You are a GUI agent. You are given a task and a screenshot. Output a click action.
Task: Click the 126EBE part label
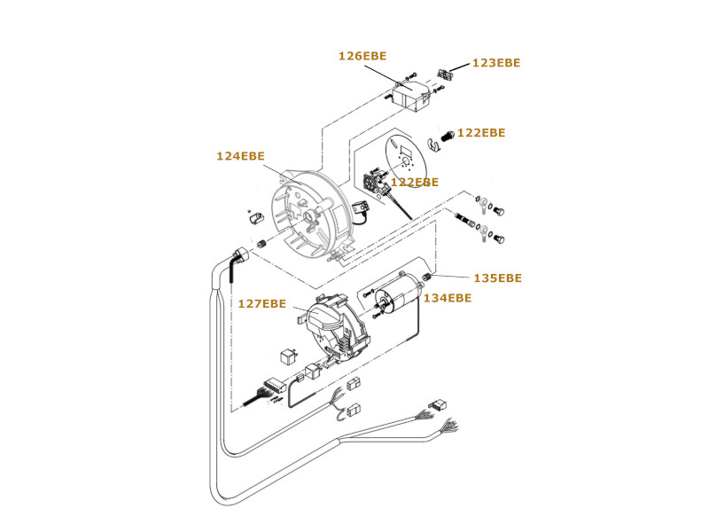(362, 56)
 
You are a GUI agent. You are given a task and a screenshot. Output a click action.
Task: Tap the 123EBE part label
(496, 62)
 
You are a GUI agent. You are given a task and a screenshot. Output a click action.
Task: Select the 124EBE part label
(240, 156)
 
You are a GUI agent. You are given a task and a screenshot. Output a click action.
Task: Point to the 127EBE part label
(261, 303)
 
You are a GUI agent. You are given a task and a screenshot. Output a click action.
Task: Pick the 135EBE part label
(497, 278)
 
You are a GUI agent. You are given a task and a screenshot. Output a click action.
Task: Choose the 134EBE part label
(448, 298)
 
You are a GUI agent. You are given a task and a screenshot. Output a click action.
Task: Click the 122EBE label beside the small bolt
(481, 132)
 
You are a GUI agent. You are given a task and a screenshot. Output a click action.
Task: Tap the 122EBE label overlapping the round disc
(415, 182)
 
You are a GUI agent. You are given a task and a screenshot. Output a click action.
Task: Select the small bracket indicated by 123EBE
(445, 74)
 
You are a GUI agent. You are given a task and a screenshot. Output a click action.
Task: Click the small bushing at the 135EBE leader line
(425, 277)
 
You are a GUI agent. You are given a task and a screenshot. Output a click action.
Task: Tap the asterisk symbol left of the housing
(249, 211)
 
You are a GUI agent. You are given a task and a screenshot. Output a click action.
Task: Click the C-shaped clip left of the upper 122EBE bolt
(433, 145)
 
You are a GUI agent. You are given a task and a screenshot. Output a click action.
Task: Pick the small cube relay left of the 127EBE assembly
(288, 356)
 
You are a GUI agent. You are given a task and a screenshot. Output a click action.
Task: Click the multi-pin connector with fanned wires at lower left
(275, 386)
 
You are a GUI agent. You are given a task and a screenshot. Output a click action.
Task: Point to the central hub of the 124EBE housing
(311, 215)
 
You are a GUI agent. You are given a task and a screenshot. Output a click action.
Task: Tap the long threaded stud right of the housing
(465, 220)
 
